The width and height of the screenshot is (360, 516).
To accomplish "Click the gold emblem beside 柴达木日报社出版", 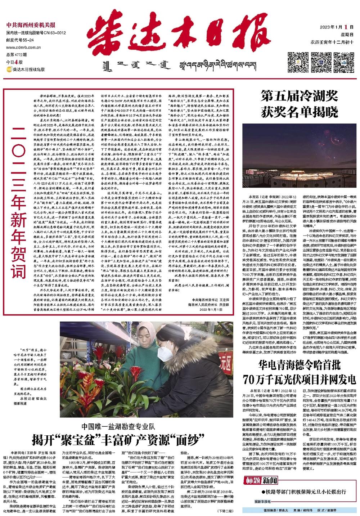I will [9, 69].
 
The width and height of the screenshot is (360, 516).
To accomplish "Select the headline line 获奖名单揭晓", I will [299, 112].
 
